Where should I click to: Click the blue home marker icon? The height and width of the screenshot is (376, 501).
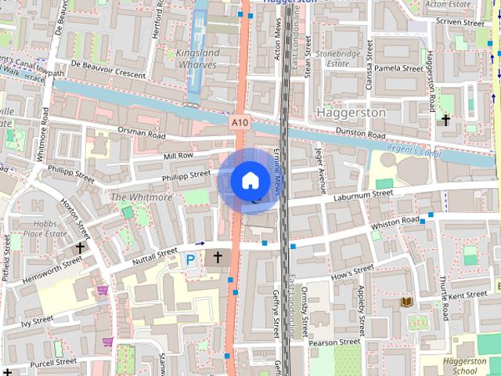tap(250, 181)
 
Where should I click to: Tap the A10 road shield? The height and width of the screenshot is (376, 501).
tap(240, 122)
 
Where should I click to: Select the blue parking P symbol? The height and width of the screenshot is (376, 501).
tap(190, 259)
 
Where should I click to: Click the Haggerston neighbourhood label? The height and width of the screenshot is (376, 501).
tap(351, 113)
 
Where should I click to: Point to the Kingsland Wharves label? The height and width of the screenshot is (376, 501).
tap(186, 59)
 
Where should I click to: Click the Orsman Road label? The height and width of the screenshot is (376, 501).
tap(142, 133)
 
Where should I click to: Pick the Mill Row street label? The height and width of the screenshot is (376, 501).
tap(178, 156)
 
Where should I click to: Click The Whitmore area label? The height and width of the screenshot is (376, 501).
tap(141, 197)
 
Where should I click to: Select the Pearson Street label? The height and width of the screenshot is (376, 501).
tap(334, 342)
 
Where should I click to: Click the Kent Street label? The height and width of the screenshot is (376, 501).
tap(467, 295)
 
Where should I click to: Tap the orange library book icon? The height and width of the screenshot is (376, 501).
tap(406, 302)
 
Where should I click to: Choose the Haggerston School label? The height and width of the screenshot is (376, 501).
tap(466, 367)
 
